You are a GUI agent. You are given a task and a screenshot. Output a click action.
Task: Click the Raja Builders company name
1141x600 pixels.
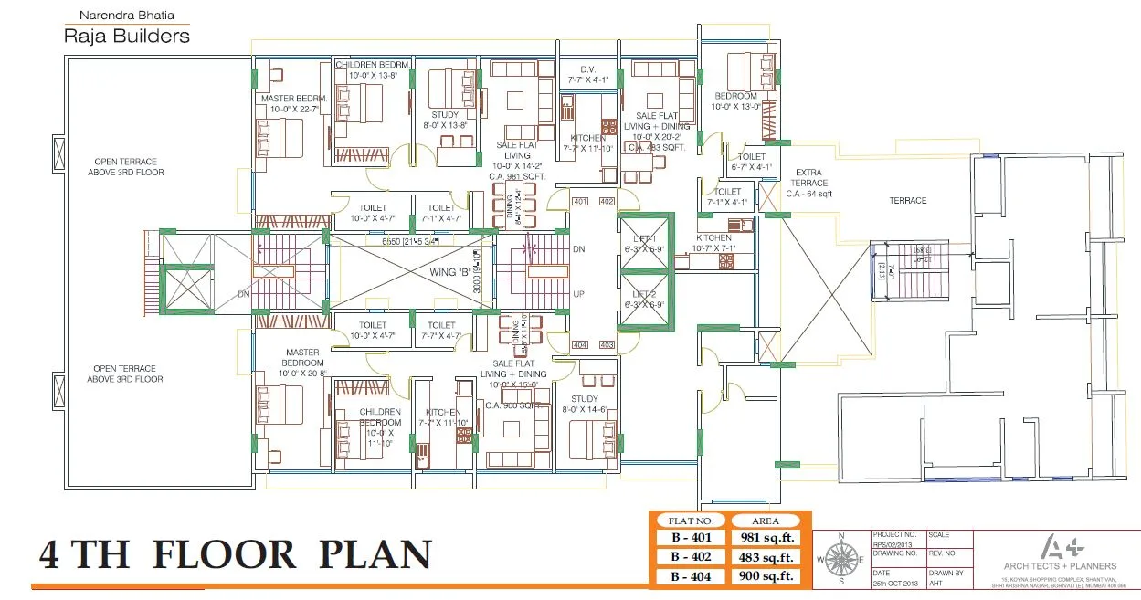coord(126,36)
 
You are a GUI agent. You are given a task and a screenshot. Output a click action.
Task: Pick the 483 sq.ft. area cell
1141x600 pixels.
coord(766,557)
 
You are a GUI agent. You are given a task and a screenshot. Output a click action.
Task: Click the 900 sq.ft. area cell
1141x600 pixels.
coord(766,576)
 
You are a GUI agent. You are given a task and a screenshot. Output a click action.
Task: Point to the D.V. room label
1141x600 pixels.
coord(588,69)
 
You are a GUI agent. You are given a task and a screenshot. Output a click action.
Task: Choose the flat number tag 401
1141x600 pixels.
coord(579,201)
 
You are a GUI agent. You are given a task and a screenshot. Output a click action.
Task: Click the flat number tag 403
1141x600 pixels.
coord(606,344)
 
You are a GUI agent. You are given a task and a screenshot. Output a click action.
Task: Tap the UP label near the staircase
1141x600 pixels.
coord(577,294)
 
